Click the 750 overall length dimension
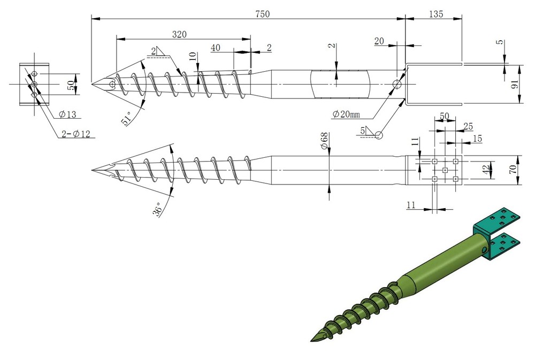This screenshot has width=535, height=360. click(262, 14)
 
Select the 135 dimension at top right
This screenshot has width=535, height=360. click(435, 14)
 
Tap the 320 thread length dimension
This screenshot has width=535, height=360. click(179, 34)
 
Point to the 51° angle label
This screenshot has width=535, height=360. click(127, 118)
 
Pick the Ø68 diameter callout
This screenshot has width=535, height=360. click(324, 140)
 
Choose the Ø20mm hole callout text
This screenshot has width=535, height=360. click(346, 113)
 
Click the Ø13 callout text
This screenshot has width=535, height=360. click(67, 114)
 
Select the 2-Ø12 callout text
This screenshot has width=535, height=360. click(76, 133)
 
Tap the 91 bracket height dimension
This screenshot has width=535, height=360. click(515, 84)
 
